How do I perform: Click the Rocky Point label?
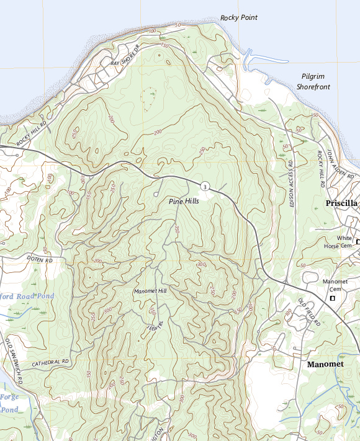(x=239, y=18)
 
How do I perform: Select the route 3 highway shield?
(x=204, y=186)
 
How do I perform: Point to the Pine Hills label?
(x=184, y=202)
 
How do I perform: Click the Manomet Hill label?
(x=150, y=291)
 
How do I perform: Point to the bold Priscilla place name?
(x=342, y=203)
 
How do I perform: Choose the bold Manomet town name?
(x=328, y=365)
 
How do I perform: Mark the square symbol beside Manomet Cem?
(x=332, y=298)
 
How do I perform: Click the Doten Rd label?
(x=40, y=259)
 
